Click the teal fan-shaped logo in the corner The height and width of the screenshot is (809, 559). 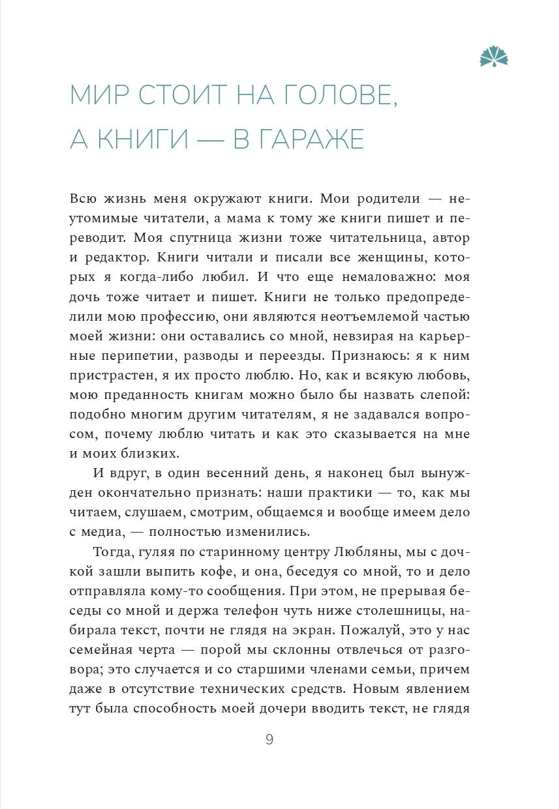[x=494, y=57]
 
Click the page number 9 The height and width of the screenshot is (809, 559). [x=269, y=739]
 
